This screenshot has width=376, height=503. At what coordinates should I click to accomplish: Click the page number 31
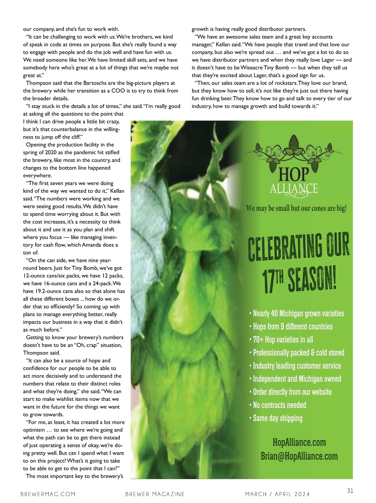[350, 490]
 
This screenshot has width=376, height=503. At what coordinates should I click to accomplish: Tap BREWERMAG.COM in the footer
[48, 494]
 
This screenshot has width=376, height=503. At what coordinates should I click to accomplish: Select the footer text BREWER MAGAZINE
[155, 494]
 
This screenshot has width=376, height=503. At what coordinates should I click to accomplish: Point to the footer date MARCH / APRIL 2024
[277, 494]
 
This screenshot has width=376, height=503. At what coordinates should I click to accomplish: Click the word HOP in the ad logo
[294, 174]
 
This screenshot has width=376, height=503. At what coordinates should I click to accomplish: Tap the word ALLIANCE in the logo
[294, 189]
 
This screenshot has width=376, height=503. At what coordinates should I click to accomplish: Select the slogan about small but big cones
[296, 208]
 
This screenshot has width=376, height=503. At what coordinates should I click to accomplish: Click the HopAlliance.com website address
[299, 443]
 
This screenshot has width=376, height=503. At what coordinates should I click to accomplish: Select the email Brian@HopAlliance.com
[299, 456]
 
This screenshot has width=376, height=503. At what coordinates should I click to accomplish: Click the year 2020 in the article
[51, 153]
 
